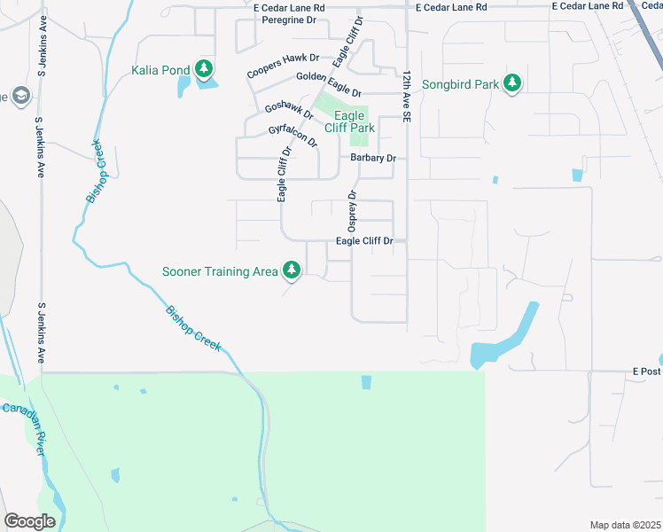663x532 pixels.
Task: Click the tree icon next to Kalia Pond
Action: [204, 69]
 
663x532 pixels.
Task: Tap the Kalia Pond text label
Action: [160, 70]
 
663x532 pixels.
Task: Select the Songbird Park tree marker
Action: [511, 83]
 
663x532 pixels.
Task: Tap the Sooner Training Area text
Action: [220, 271]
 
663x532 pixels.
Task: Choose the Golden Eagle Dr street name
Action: [329, 85]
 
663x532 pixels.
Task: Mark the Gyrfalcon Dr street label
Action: [292, 136]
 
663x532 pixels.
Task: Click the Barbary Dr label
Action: [372, 158]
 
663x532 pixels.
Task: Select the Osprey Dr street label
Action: [352, 211]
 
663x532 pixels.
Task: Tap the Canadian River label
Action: [24, 426]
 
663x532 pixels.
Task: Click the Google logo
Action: [29, 520]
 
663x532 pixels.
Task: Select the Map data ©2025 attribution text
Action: [625, 525]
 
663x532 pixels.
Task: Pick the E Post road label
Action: [646, 371]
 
